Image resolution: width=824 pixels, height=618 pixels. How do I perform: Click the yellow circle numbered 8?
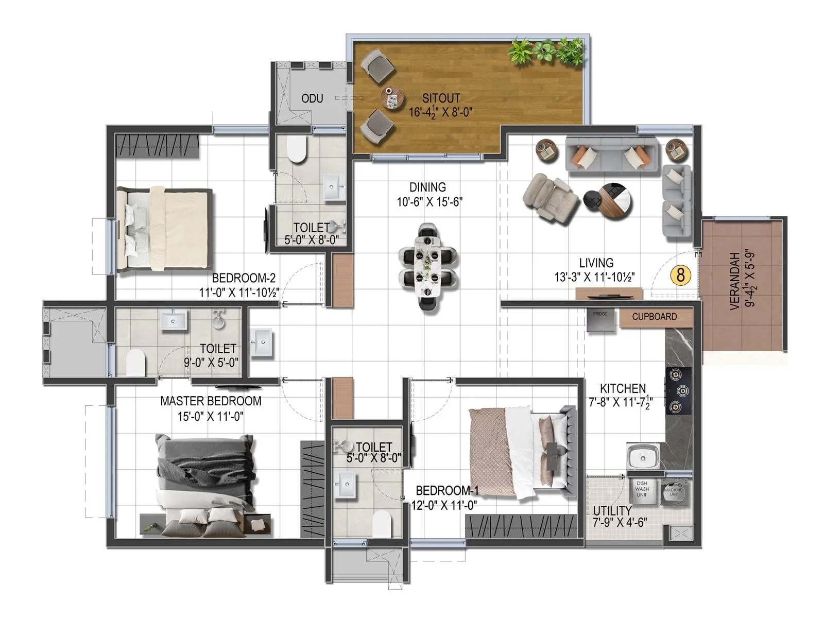[680, 275]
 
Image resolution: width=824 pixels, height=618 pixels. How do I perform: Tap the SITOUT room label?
[441, 98]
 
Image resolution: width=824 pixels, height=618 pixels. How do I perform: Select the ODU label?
[312, 98]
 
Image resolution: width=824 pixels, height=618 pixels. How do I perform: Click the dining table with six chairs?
[427, 267]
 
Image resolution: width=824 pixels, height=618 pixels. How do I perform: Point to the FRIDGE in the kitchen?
[600, 320]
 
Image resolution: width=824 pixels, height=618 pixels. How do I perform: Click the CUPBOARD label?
[654, 317]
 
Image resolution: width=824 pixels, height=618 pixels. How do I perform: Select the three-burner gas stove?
[676, 391]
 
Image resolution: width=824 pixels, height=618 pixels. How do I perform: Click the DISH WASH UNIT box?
[642, 490]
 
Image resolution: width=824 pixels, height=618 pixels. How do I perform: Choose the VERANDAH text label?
[735, 281]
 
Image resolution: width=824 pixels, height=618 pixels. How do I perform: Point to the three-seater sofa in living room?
[611, 154]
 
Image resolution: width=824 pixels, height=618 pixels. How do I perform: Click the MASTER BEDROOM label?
[211, 401]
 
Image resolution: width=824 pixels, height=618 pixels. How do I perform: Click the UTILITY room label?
[612, 510]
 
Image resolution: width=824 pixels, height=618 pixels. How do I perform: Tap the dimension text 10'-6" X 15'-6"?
[429, 202]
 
